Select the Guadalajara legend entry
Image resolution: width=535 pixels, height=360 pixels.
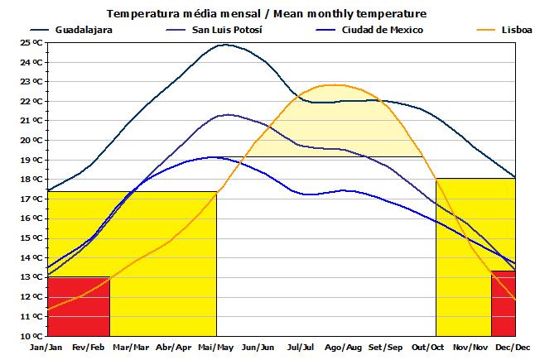tap(84, 30)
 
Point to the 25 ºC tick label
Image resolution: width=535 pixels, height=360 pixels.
tap(31, 42)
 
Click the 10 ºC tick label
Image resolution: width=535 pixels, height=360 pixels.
tap(31, 336)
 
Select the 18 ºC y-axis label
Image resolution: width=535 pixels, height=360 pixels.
tap(31, 180)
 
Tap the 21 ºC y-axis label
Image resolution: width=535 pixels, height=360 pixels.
tap(31, 121)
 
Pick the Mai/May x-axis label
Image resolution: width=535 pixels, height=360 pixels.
tap(217, 348)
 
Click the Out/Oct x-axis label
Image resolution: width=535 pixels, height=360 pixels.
tap(429, 348)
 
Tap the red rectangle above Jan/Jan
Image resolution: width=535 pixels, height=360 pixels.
tap(79, 306)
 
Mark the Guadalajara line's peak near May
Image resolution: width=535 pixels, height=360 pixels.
tap(224, 45)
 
